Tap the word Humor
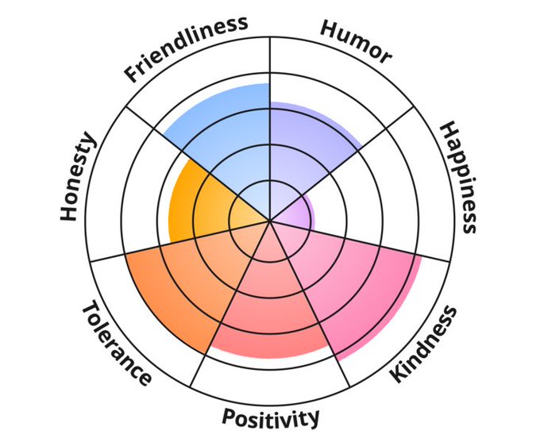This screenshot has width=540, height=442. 355,40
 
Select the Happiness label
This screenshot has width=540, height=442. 460,177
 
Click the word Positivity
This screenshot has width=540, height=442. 271,416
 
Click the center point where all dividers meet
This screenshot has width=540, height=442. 270,220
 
